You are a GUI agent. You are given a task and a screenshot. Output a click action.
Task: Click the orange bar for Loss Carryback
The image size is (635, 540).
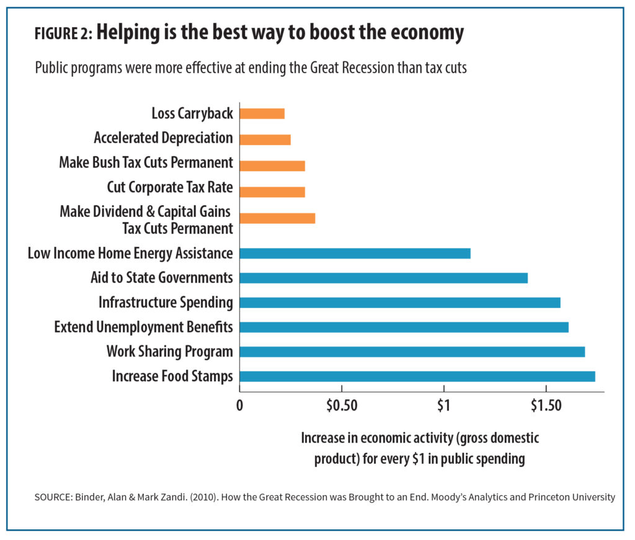coord(262,113)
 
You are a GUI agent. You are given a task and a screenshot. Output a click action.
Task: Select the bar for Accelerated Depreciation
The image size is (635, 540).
coord(265,139)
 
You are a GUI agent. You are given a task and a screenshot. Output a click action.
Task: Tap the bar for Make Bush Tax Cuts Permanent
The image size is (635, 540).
coord(272,166)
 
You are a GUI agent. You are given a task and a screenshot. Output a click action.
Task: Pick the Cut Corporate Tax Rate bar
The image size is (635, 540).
coord(272,192)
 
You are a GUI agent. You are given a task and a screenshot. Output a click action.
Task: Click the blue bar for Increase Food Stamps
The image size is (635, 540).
coord(417,376)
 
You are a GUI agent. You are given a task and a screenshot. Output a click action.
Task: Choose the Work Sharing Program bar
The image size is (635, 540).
coord(412,352)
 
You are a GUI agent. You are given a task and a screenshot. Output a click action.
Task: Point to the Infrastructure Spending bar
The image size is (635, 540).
coord(399,303)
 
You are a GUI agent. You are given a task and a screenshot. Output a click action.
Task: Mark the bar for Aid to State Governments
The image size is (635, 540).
coord(383,278)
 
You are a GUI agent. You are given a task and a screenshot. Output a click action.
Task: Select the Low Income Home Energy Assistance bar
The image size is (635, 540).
coord(355,253)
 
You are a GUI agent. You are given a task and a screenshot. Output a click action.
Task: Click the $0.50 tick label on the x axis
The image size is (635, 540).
coord(342,405)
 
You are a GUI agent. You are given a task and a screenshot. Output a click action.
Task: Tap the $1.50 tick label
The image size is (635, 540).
coord(546,405)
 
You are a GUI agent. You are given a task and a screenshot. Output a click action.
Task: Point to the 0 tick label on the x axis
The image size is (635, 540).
coord(239,405)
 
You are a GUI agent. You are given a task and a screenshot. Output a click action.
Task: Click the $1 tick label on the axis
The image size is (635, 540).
coord(443,405)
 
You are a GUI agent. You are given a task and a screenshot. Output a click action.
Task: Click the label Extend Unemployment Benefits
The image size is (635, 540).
coord(143,327)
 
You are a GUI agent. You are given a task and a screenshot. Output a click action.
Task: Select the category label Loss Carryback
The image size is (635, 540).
coord(192,113)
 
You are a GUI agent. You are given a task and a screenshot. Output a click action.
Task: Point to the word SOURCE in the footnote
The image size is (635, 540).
coord(54,497)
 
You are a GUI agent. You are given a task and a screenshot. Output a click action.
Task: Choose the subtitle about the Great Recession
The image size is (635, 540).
coord(251,68)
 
